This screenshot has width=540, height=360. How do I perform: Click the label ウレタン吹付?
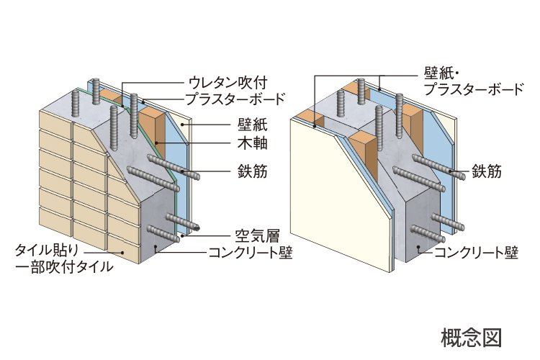228,83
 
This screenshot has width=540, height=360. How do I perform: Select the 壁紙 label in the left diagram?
253,125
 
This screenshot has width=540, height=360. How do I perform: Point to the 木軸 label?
253,143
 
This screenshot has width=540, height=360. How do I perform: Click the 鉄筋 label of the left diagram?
253,171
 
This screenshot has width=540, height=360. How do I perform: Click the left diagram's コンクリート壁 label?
251,253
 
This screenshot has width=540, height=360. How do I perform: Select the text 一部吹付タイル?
64,267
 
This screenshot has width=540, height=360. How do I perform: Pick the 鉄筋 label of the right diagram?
487,171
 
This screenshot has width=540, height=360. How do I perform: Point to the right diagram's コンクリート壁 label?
477,253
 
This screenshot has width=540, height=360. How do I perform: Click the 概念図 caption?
471,337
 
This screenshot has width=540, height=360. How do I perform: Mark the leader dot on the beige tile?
122,253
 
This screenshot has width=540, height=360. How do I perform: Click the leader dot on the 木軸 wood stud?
156,143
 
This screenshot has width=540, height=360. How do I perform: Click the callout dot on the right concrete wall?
418,247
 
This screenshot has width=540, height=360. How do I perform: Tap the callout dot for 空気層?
181,236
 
